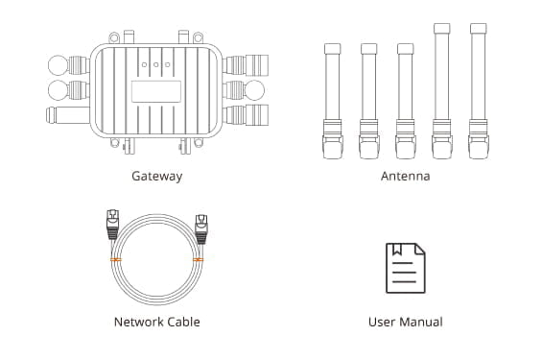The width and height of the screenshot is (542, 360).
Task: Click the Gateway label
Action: coord(157,177)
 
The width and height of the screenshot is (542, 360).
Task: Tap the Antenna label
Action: coord(406,176)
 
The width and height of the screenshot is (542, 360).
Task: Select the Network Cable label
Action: coord(157,322)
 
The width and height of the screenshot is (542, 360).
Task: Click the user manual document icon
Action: coord(406,268)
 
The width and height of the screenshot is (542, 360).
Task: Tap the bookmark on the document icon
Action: coord(397,250)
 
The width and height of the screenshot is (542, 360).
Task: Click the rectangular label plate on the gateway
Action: coord(156,91)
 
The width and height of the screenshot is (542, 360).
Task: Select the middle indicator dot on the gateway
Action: coord(156,64)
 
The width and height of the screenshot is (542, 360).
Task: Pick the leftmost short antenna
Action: coord(333,101)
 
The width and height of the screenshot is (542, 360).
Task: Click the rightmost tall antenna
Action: coord(479,91)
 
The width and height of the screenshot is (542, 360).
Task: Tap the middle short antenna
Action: coord(368,101)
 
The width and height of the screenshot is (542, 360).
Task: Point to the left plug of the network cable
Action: coord(112,224)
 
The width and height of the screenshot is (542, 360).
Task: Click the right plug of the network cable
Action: coord(201,229)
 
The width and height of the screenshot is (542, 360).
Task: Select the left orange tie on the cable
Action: coord(116,260)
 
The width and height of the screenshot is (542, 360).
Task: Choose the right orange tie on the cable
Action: coord(198,260)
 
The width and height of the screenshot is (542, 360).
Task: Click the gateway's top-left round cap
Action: coord(58,65)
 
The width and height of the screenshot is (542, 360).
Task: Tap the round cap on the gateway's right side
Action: coord(255,90)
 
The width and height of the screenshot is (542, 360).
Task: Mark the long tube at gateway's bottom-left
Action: coord(68,115)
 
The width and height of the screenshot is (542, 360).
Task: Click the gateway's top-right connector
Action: coord(246,65)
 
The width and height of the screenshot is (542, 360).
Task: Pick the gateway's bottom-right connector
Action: coord(246,115)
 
